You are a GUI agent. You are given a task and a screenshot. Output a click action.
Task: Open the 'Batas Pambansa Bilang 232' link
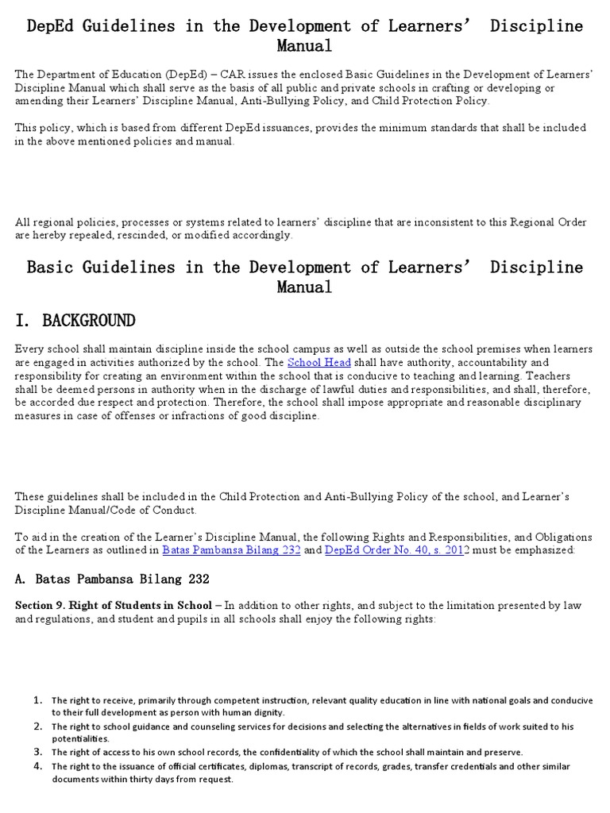(x=231, y=549)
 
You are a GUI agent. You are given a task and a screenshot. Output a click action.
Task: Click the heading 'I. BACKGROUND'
(x=75, y=321)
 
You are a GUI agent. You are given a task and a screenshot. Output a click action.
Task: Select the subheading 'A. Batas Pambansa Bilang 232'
(x=112, y=578)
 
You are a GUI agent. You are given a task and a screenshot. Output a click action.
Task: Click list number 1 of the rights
(x=37, y=700)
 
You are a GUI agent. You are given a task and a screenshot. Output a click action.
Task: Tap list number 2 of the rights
(x=37, y=726)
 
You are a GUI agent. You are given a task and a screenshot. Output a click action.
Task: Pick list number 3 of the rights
(x=37, y=751)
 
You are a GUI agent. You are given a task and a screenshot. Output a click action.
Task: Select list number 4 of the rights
(x=37, y=766)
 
